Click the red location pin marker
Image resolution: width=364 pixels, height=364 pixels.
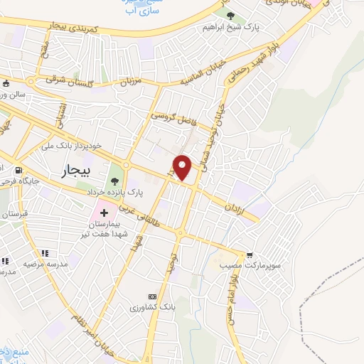tap(183, 168)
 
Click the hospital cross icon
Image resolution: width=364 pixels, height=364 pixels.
tap(104, 212)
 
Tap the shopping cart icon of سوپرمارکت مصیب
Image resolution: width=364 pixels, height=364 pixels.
tap(250, 255)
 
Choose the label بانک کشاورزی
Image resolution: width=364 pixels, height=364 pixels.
tap(151, 308)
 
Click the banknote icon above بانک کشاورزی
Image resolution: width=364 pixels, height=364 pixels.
tap(151, 296)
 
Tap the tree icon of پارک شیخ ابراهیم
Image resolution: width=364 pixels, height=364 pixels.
tap(229, 14)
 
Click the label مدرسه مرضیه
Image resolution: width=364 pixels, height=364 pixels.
tap(45, 264)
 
